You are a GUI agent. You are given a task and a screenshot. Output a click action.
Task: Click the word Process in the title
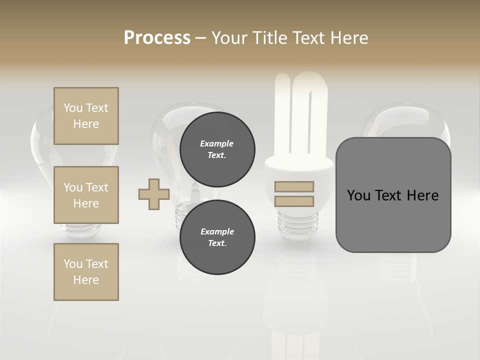(x=157, y=37)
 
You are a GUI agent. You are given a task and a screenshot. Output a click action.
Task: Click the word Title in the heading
(x=270, y=37)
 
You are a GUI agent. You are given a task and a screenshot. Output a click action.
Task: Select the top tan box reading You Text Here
(x=86, y=116)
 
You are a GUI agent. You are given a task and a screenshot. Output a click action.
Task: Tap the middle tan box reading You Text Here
(x=86, y=195)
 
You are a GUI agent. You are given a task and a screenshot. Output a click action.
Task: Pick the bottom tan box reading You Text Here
(x=86, y=272)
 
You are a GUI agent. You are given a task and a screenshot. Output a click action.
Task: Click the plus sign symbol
(x=154, y=194)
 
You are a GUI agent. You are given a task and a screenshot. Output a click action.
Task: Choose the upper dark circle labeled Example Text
(x=217, y=149)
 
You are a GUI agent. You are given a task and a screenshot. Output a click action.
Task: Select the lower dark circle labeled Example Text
(x=217, y=237)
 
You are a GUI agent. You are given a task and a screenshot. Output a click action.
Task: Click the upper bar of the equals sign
(x=294, y=187)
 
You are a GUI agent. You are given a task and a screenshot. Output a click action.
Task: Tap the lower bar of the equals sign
(x=294, y=201)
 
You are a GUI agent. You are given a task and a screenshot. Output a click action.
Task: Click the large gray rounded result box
(x=393, y=195)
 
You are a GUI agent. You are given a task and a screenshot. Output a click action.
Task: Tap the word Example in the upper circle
(x=217, y=143)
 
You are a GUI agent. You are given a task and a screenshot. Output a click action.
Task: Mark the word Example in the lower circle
(x=217, y=231)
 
